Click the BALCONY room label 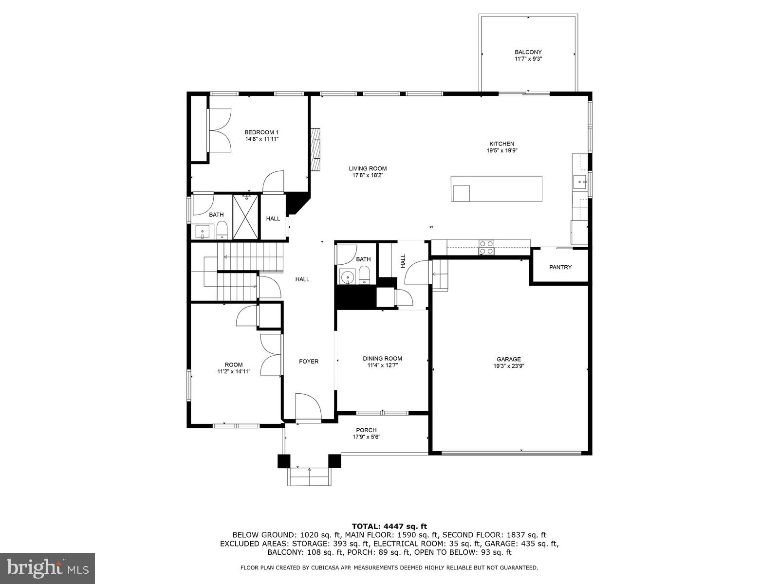(528, 52)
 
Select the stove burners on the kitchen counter (486, 247)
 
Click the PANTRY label (560, 267)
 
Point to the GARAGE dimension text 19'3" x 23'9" (509, 366)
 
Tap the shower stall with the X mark (246, 217)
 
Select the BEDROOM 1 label (261, 132)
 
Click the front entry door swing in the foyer (308, 407)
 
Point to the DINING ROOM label (382, 359)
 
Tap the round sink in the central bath (347, 278)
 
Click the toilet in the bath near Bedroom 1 (222, 229)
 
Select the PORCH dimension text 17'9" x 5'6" (366, 437)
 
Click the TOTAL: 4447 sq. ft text (389, 526)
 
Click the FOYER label (309, 362)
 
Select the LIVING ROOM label (368, 169)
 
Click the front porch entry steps (310, 476)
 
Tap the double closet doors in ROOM (271, 355)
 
